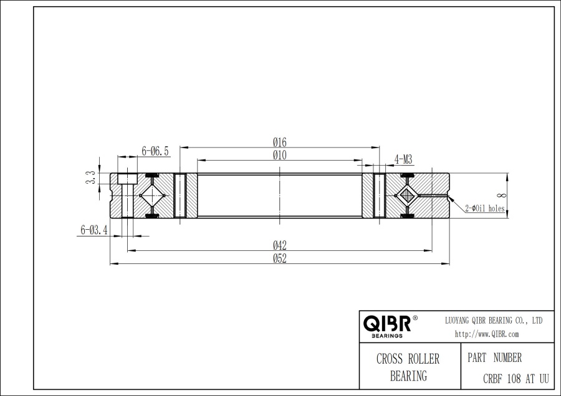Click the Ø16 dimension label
279,143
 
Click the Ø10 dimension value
279,156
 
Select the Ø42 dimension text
279,246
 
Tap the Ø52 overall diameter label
279,259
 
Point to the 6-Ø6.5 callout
155,151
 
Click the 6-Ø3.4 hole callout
95,230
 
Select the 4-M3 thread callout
403,159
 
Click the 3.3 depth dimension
91,178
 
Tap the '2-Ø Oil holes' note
485,209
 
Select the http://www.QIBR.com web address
487,334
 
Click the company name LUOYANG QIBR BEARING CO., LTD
492,320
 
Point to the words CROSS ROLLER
408,359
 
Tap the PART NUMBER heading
494,358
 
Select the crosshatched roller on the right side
408,196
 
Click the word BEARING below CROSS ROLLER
408,375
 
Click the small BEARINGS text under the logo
386,336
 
